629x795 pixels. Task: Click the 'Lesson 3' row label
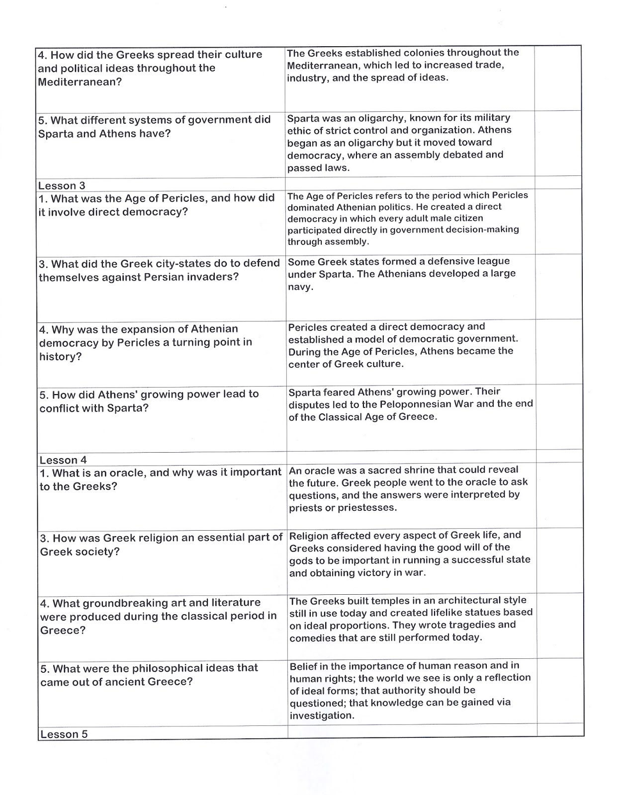pyautogui.click(x=62, y=185)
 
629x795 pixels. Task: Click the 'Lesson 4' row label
pyautogui.click(x=63, y=460)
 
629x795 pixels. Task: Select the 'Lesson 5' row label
pyautogui.click(x=64, y=734)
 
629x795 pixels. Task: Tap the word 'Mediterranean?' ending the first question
pyautogui.click(x=80, y=82)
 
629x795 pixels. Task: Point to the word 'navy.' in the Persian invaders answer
pyautogui.click(x=300, y=287)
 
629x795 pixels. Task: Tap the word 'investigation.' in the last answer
pyautogui.click(x=322, y=715)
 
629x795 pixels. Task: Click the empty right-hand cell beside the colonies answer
pyautogui.click(x=557, y=78)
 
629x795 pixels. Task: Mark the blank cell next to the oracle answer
pyautogui.click(x=560, y=495)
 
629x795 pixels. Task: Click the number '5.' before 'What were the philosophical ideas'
pyautogui.click(x=45, y=668)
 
